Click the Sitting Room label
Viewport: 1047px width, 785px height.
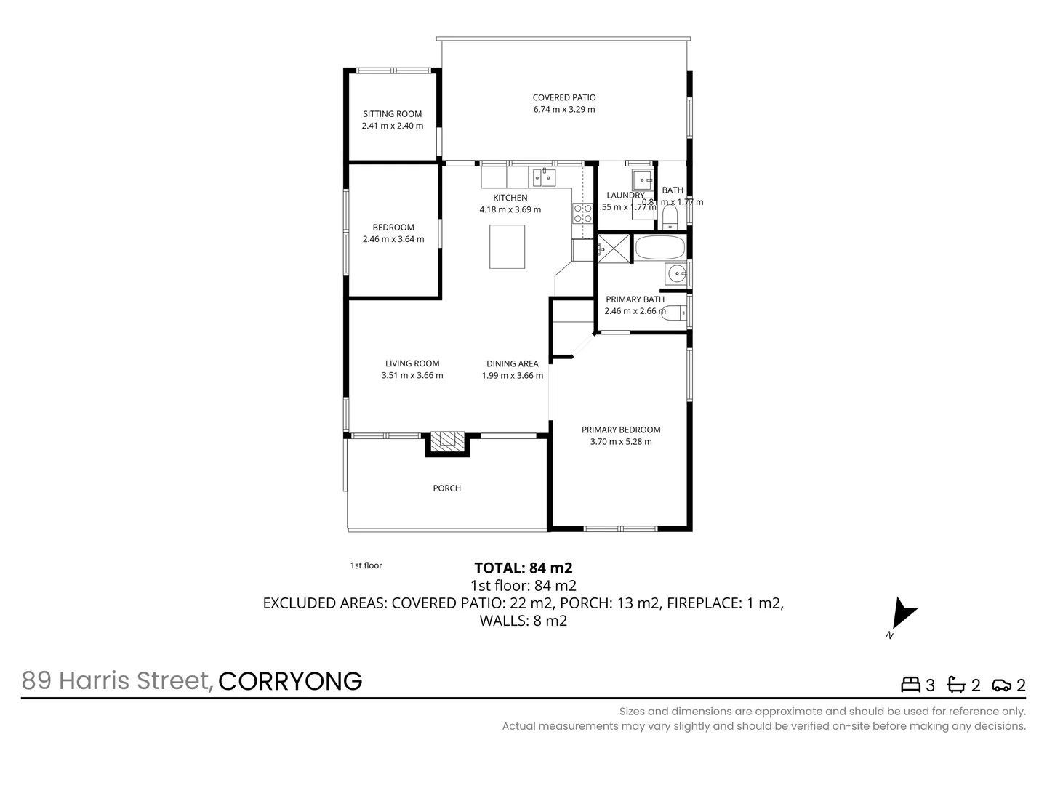click(393, 114)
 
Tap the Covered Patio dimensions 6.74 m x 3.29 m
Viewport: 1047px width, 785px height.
click(564, 110)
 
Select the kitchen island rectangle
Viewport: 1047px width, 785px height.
click(508, 246)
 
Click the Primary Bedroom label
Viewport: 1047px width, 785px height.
click(621, 430)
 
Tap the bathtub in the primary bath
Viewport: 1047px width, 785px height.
click(659, 248)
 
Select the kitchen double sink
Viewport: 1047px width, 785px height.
click(543, 177)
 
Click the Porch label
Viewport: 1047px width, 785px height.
click(447, 488)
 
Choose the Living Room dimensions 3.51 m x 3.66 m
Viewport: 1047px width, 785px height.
click(412, 376)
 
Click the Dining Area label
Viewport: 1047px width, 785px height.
click(513, 363)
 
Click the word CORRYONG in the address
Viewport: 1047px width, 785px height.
click(290, 681)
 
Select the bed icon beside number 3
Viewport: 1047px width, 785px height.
click(910, 685)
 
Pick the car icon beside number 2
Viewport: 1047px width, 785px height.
click(1001, 685)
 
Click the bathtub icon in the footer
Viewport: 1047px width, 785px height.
click(956, 685)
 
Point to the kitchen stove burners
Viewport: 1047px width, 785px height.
click(583, 213)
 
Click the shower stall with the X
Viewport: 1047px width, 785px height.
click(612, 248)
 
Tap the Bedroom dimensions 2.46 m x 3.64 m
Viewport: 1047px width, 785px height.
click(393, 239)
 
